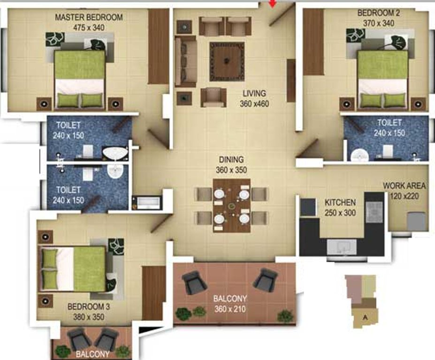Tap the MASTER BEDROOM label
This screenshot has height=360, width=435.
coord(89,18)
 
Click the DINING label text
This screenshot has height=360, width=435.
coord(230,160)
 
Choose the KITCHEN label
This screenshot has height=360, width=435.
coord(340,203)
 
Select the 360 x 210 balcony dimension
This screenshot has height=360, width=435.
coord(230,309)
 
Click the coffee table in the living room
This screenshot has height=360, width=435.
coord(227,61)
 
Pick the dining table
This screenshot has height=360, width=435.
coord(231,205)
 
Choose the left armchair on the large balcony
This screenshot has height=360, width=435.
coord(194,282)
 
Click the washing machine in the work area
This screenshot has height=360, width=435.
coord(417,221)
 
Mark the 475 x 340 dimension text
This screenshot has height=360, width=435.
coord(89,28)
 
